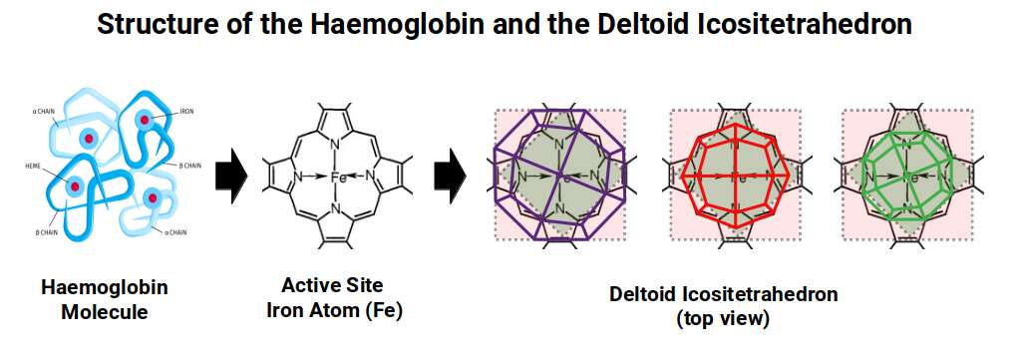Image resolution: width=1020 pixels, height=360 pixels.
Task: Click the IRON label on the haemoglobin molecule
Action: click(x=186, y=112)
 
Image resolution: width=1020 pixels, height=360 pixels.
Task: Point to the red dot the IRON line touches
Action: click(x=146, y=121)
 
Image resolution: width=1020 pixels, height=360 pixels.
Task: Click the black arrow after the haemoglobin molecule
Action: click(x=231, y=177)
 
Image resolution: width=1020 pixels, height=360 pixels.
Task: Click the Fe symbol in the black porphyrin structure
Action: click(x=337, y=178)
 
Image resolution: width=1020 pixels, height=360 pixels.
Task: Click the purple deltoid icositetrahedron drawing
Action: click(x=559, y=176)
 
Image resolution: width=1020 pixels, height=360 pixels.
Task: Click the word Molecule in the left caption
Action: click(x=105, y=312)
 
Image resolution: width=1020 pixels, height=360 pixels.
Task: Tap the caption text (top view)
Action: click(x=723, y=319)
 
